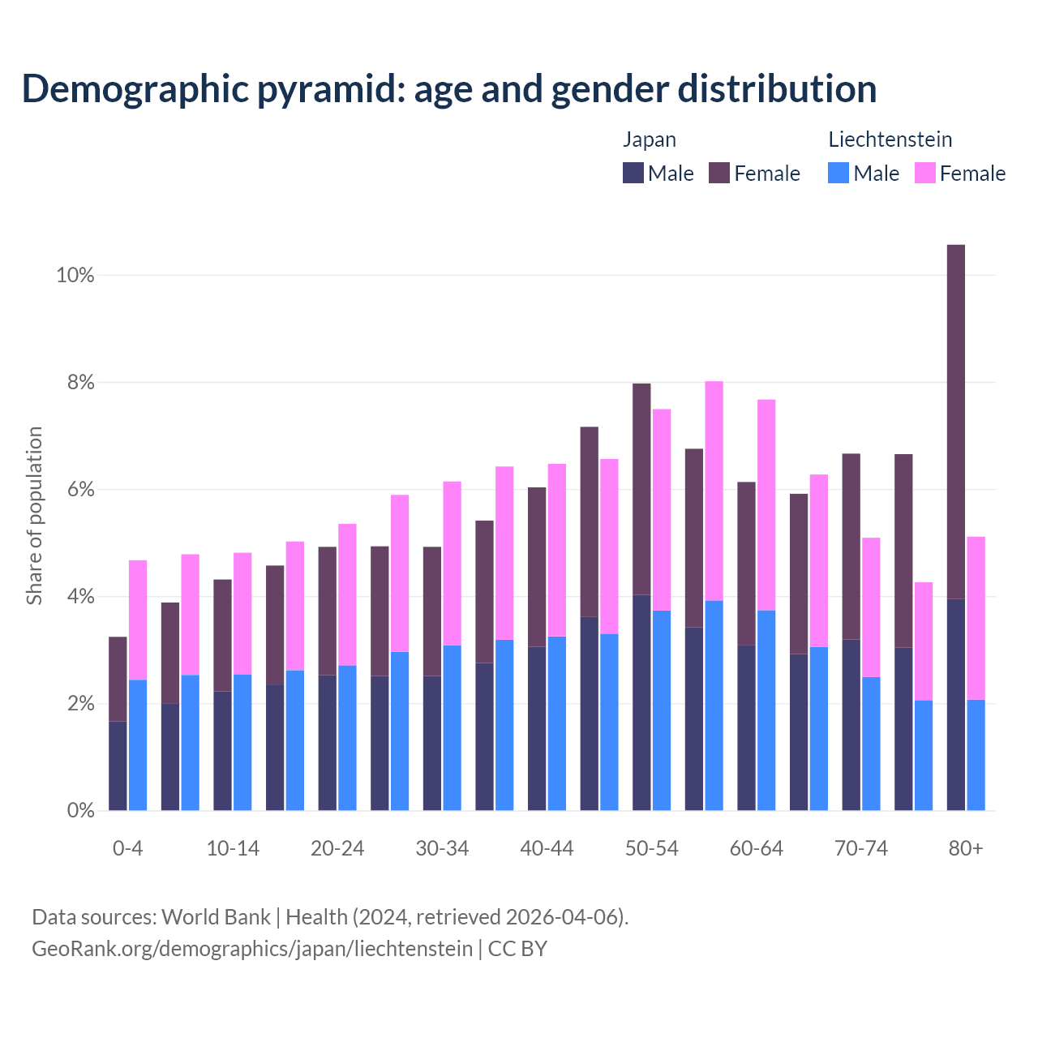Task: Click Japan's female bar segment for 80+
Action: (956, 422)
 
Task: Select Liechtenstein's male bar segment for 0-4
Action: (138, 744)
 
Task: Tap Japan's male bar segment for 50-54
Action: (641, 702)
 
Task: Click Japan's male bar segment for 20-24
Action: (327, 742)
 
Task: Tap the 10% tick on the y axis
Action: (75, 276)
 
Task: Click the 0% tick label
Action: (80, 811)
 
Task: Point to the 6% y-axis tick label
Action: (80, 490)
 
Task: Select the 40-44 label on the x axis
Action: (547, 849)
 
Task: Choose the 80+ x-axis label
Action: (966, 849)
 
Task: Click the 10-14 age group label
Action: (233, 849)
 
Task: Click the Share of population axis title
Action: (35, 516)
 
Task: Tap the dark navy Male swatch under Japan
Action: (633, 173)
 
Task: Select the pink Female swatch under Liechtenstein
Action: (925, 173)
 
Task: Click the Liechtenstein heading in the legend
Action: (890, 139)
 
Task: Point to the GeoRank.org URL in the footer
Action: (252, 948)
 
